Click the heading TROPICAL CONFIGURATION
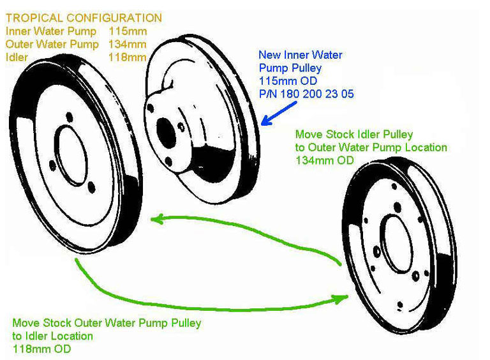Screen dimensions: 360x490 click(83, 18)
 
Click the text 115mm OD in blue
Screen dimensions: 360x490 click(288, 81)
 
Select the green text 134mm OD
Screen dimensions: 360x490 click(324, 160)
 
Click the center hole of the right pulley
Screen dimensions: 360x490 click(392, 236)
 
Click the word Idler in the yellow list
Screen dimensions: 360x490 click(17, 57)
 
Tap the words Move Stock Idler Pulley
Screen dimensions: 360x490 click(354, 135)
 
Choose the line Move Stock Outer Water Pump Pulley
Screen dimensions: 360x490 click(107, 323)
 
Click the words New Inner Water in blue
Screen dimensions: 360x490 click(300, 55)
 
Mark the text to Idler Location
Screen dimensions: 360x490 click(52, 336)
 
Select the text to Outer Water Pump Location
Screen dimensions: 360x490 click(371, 147)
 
